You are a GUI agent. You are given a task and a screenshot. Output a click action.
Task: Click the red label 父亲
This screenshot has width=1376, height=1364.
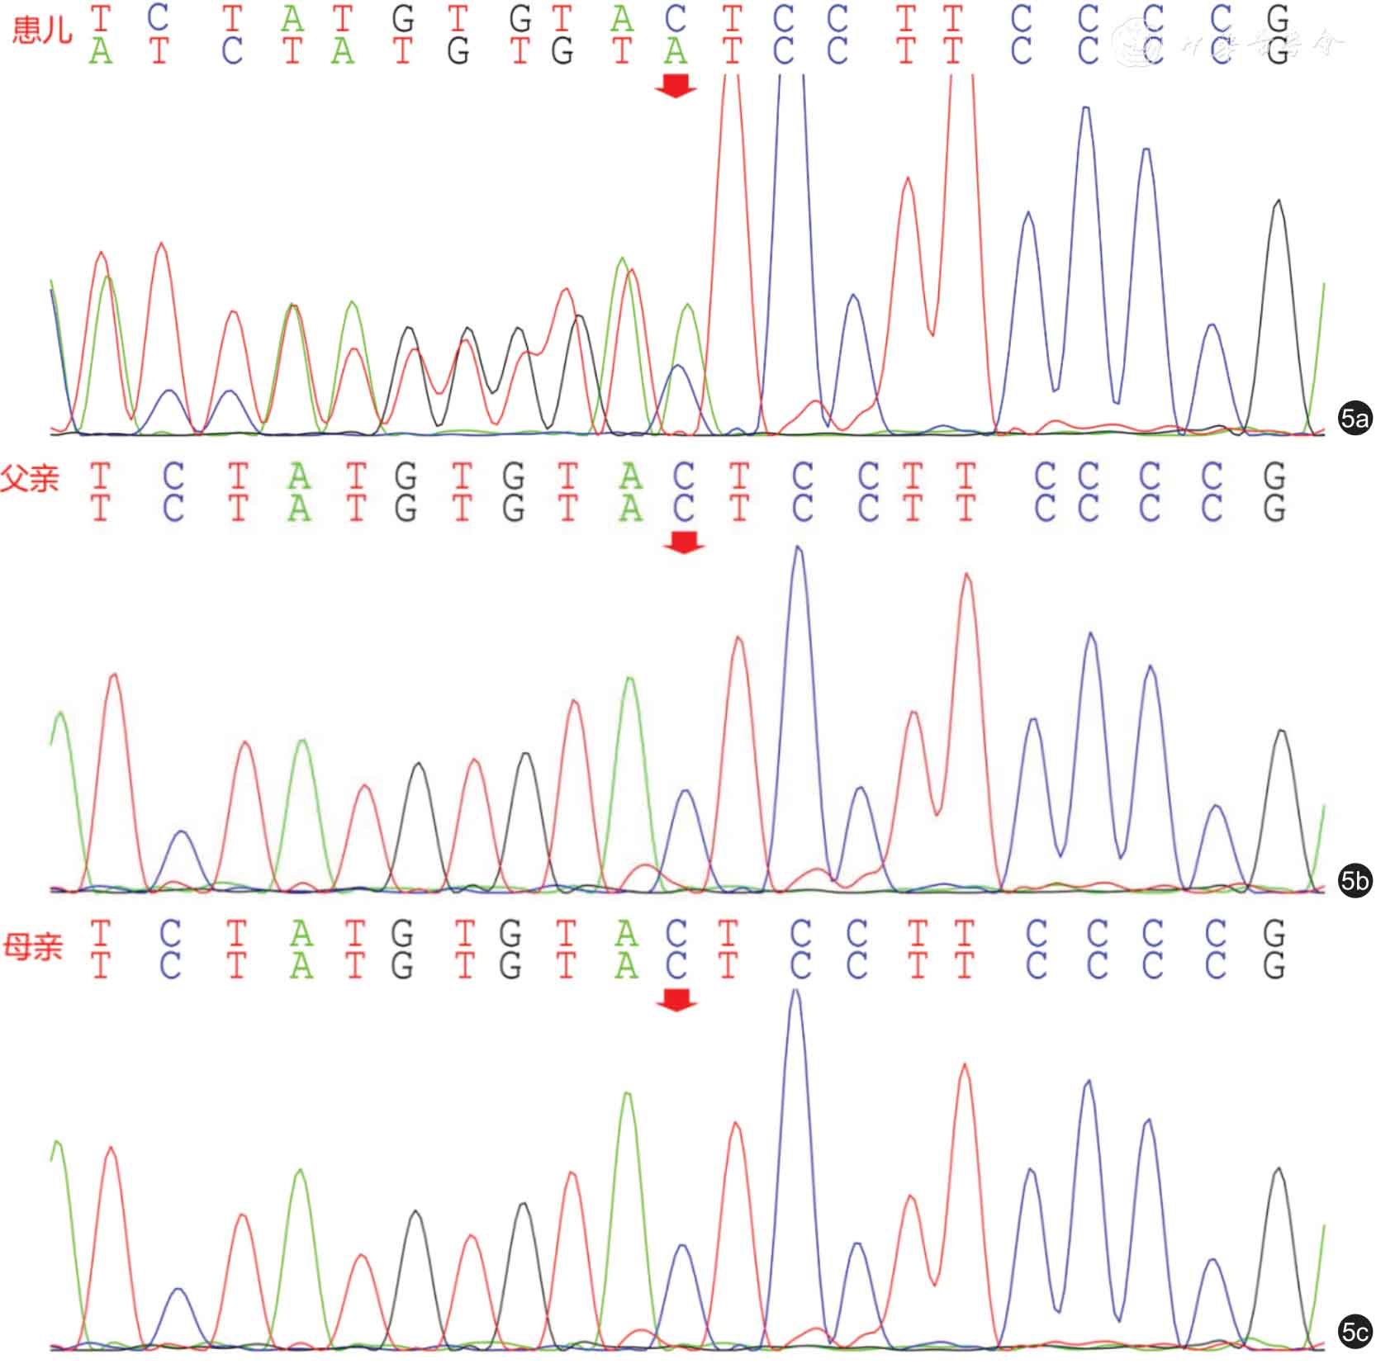coord(31,477)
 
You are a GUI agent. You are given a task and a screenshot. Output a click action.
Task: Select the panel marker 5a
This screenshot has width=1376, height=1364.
coord(1355,419)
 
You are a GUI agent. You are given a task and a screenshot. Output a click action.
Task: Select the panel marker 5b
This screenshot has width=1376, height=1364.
coord(1355,881)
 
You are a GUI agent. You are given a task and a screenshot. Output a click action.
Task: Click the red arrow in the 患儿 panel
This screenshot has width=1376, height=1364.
coord(676,85)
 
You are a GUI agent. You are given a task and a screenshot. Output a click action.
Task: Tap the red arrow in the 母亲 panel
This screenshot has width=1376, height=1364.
coord(676,1000)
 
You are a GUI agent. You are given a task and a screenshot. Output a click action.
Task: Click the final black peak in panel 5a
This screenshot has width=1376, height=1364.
coord(1279,203)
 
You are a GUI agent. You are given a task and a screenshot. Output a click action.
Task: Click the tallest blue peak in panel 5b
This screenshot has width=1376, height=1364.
coord(798,548)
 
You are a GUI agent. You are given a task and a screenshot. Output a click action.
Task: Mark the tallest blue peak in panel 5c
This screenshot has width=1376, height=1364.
coord(795,992)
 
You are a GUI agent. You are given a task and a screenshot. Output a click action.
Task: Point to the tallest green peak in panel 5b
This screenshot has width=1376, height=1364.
coord(630,680)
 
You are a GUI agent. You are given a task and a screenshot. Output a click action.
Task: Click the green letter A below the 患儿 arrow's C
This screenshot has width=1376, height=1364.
coord(676,52)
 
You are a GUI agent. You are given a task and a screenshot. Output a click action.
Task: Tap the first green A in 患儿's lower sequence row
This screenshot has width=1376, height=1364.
coord(101,52)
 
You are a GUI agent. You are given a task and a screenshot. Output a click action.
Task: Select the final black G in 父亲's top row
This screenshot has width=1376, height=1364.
coord(1274,476)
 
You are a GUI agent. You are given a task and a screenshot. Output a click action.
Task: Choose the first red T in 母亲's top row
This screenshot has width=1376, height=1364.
coord(101,933)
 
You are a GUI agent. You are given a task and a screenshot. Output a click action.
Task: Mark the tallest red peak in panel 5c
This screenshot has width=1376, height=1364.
coord(965,1067)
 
